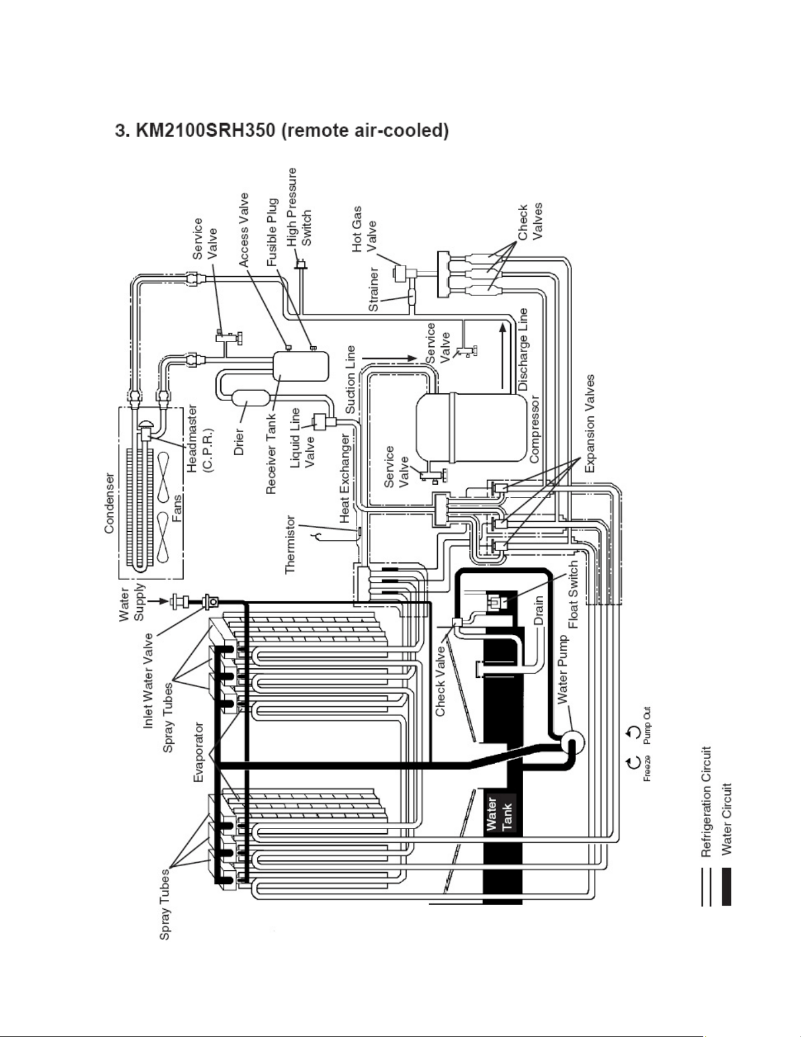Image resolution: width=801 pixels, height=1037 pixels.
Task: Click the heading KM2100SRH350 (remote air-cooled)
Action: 282,130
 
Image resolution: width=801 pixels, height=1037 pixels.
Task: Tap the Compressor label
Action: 535,429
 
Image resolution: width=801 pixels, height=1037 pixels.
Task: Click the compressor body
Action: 471,427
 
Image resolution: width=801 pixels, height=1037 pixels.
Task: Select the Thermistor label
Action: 291,545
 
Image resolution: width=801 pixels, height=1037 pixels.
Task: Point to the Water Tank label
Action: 500,813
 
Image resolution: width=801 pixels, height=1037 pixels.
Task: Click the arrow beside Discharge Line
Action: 502,355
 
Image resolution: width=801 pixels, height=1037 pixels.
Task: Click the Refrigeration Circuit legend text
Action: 707,801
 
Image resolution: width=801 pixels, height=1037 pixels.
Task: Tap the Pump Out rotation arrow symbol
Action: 634,733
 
